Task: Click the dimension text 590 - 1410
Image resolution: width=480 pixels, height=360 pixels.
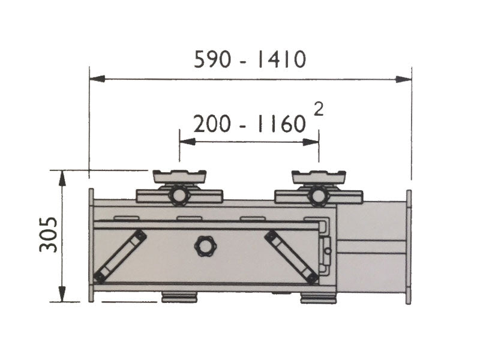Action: click(250, 60)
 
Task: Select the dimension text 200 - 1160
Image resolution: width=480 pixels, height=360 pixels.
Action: click(250, 124)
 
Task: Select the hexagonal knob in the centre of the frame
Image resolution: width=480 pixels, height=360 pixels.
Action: click(203, 246)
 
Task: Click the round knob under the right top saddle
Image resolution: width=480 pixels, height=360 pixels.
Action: click(318, 195)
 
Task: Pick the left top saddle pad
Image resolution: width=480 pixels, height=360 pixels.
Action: click(179, 176)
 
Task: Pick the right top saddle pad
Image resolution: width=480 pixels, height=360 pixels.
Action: click(319, 176)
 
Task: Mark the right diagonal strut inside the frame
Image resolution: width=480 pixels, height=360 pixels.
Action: click(292, 256)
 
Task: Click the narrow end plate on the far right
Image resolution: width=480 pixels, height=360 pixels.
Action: click(409, 247)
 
